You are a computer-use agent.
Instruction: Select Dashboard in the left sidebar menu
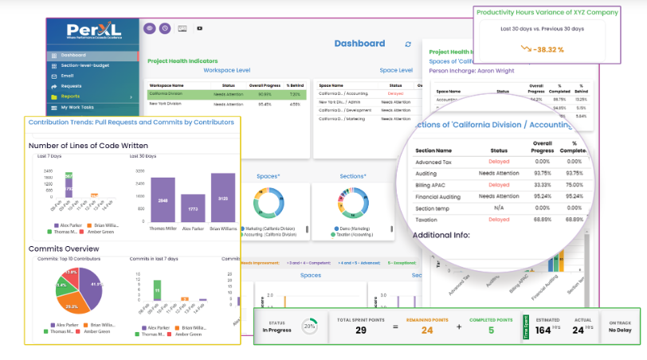73,55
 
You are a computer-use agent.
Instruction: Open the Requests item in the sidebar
71,86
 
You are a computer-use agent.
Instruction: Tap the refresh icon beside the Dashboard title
409,45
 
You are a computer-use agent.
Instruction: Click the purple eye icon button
149,28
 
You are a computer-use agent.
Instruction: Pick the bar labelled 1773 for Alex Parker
194,209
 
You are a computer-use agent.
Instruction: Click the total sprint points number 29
360,330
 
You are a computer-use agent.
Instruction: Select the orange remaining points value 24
426,330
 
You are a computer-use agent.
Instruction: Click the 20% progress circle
308,327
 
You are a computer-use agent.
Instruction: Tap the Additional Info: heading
441,236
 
